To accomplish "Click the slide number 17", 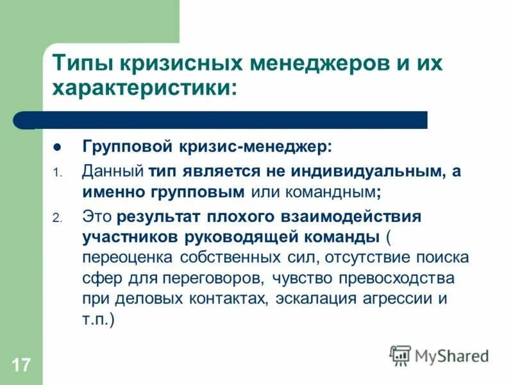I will click(21, 366).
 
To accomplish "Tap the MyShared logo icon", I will click(400, 355).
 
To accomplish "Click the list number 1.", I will click(56, 173).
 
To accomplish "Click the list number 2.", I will click(56, 218).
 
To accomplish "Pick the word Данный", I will click(113, 171).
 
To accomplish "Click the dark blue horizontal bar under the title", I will click(224, 120).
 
